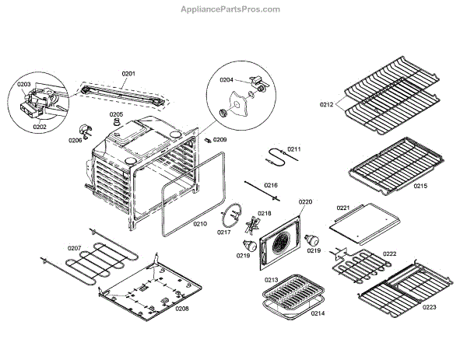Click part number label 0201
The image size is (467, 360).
tap(128, 74)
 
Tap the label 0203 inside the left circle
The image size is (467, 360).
tap(23, 84)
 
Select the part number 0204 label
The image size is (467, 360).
tap(226, 79)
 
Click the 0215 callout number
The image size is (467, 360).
tap(420, 186)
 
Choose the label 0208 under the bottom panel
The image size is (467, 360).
tap(181, 308)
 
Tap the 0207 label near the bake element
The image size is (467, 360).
tap(74, 249)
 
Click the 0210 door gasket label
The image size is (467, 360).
tap(200, 224)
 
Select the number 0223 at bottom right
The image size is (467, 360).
tap(430, 307)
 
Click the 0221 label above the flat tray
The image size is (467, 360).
tap(343, 208)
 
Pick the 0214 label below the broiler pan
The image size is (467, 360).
tap(317, 313)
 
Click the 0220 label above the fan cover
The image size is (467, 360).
tap(305, 202)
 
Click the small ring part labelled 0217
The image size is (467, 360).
tap(231, 211)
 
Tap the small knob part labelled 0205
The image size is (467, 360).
tap(116, 124)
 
